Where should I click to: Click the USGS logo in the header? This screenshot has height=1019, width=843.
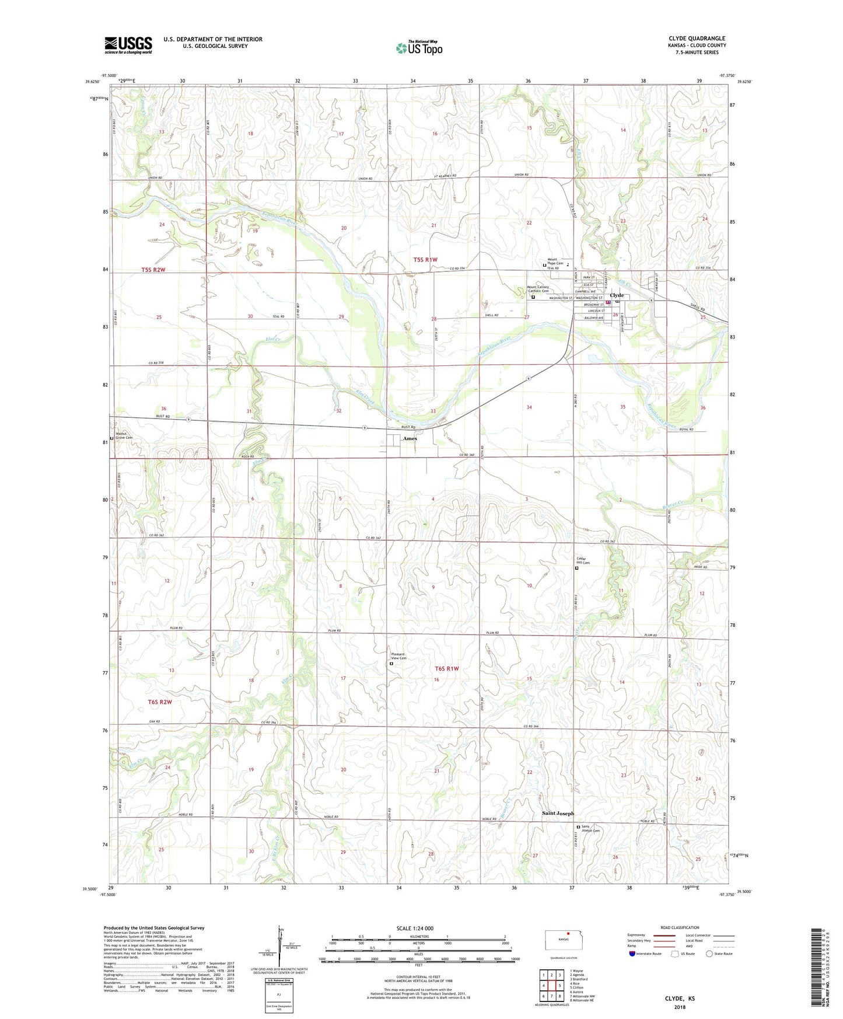[128, 45]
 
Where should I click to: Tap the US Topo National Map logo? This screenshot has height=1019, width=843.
[419, 48]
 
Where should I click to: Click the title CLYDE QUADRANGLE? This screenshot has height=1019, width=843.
[697, 39]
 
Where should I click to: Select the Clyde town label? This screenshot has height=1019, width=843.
[617, 295]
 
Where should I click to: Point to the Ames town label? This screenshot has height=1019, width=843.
[410, 438]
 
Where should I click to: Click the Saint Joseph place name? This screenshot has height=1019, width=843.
[558, 813]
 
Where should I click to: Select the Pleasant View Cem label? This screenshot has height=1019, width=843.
[398, 656]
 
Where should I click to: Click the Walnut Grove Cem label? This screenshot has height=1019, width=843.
[124, 435]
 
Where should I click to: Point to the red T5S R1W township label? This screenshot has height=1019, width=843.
[425, 260]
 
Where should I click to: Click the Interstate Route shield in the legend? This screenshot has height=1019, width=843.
[634, 954]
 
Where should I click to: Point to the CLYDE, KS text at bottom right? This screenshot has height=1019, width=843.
[680, 999]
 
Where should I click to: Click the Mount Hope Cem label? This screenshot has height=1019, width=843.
[555, 261]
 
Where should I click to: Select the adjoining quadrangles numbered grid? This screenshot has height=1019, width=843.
[551, 983]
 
